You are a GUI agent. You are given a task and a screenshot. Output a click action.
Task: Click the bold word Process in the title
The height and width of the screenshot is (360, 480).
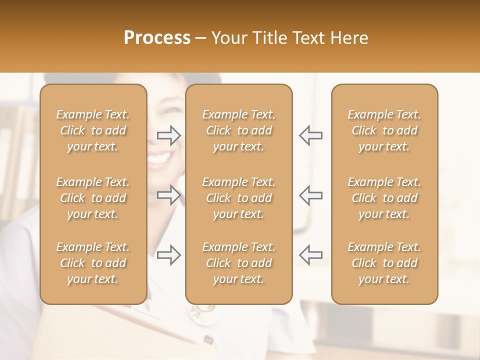point(157,38)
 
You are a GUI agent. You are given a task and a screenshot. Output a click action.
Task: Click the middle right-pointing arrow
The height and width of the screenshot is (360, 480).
point(169,195)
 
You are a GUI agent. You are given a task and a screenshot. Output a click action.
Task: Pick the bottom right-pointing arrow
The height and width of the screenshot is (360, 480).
point(169,254)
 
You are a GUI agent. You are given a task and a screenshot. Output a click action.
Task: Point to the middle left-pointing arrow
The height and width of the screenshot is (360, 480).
point(310,195)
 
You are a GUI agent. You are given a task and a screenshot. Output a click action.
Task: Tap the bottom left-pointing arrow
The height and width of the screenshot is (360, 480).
point(310,254)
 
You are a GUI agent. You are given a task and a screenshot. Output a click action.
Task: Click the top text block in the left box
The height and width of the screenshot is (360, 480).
point(93,130)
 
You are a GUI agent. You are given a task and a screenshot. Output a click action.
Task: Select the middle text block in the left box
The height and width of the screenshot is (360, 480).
point(93,198)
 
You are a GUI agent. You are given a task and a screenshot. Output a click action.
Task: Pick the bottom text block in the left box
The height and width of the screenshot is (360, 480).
point(93,263)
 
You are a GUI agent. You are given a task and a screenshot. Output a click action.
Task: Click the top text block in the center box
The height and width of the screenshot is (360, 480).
point(238,130)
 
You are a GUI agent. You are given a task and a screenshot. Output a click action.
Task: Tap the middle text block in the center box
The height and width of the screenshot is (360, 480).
point(238,198)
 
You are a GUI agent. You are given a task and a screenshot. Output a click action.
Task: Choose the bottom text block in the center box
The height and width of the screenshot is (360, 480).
point(238,263)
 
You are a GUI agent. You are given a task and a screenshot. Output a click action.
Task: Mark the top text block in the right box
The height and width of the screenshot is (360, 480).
point(384,130)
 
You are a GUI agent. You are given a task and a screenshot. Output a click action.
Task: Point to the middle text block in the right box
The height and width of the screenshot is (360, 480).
point(384,198)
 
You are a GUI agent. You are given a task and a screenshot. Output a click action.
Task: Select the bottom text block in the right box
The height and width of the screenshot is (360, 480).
point(384,263)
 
